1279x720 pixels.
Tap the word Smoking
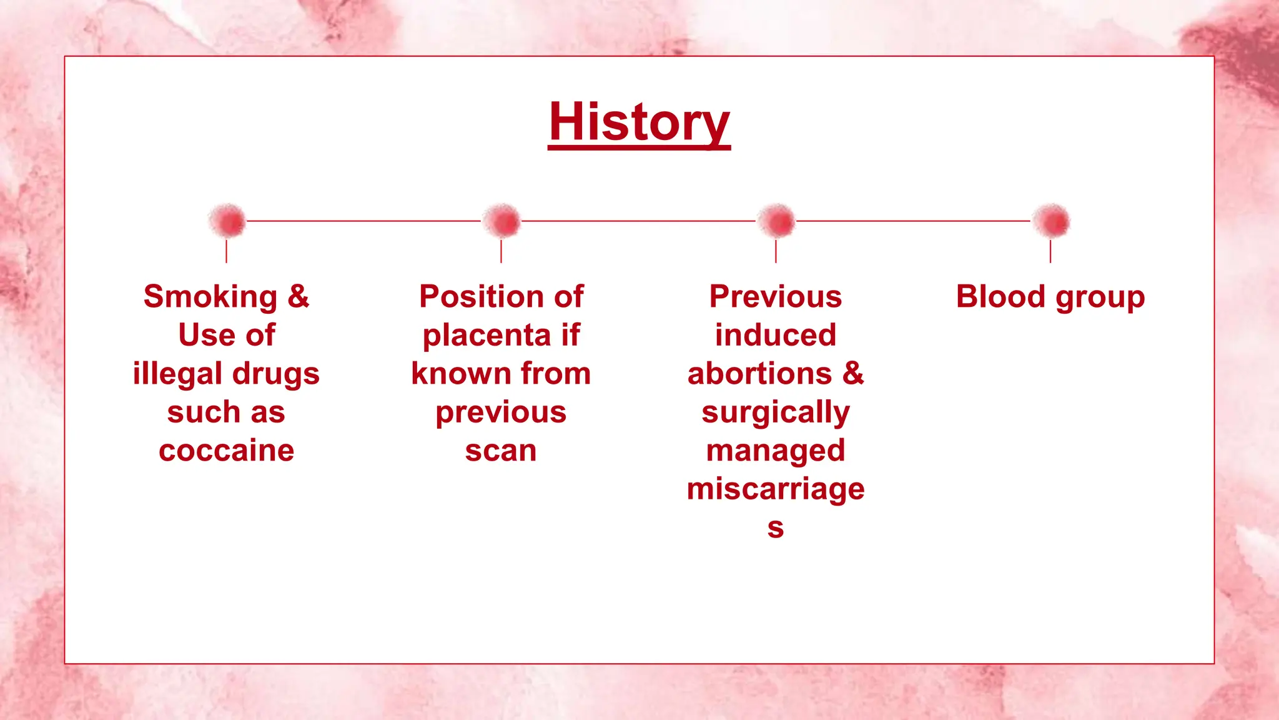coord(210,297)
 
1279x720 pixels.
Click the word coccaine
coord(226,451)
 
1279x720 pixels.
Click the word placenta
coord(486,336)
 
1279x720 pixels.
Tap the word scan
coord(501,451)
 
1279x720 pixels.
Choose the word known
coord(460,374)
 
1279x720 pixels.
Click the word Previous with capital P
coord(775,297)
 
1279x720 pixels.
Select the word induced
coord(775,335)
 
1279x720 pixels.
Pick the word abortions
coord(759,374)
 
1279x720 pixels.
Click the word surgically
coord(775,412)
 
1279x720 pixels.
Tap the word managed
coord(775,451)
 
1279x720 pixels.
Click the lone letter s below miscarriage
coord(775,528)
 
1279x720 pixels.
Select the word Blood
coord(1000,297)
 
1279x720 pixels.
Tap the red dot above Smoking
coord(228,221)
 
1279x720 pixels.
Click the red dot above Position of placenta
coord(501,221)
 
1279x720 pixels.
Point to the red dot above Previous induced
coord(776,221)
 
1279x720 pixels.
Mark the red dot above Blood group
coord(1051,221)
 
